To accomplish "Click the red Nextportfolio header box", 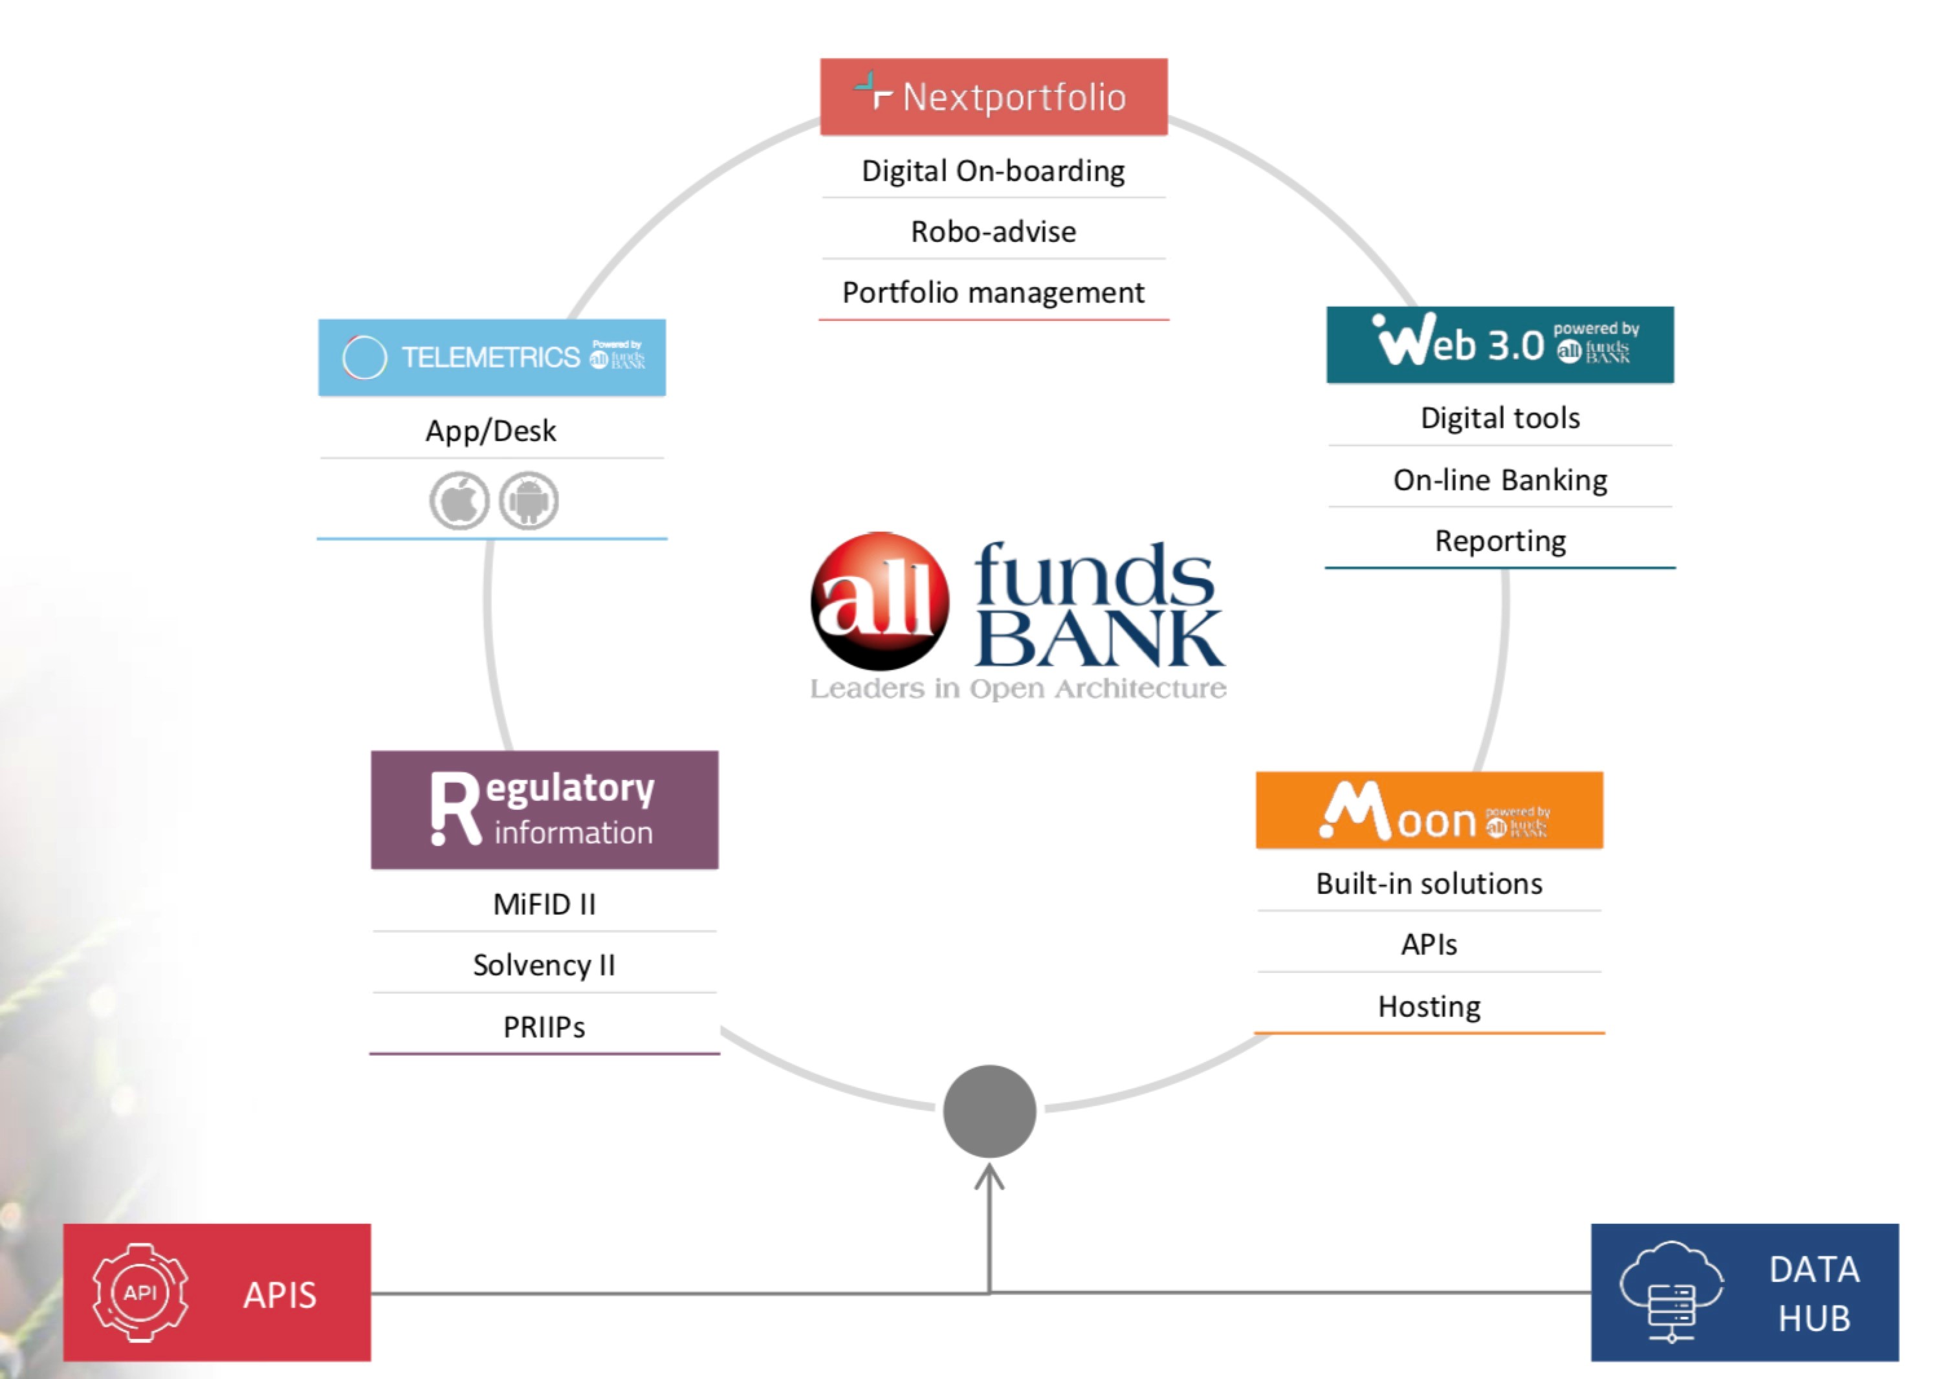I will click(x=993, y=97).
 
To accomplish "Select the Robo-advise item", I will click(x=993, y=232).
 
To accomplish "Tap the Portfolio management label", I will click(x=993, y=293).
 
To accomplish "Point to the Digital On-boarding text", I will click(x=993, y=171).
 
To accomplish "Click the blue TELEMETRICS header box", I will click(x=492, y=358).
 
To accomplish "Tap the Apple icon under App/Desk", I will click(x=459, y=501).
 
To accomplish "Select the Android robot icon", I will click(x=529, y=501).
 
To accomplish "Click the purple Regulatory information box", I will click(x=545, y=810).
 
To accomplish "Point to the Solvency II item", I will click(x=545, y=966).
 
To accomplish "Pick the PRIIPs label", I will click(x=545, y=1027).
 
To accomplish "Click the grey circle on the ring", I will click(x=990, y=1111).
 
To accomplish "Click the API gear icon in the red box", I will click(x=140, y=1292).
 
